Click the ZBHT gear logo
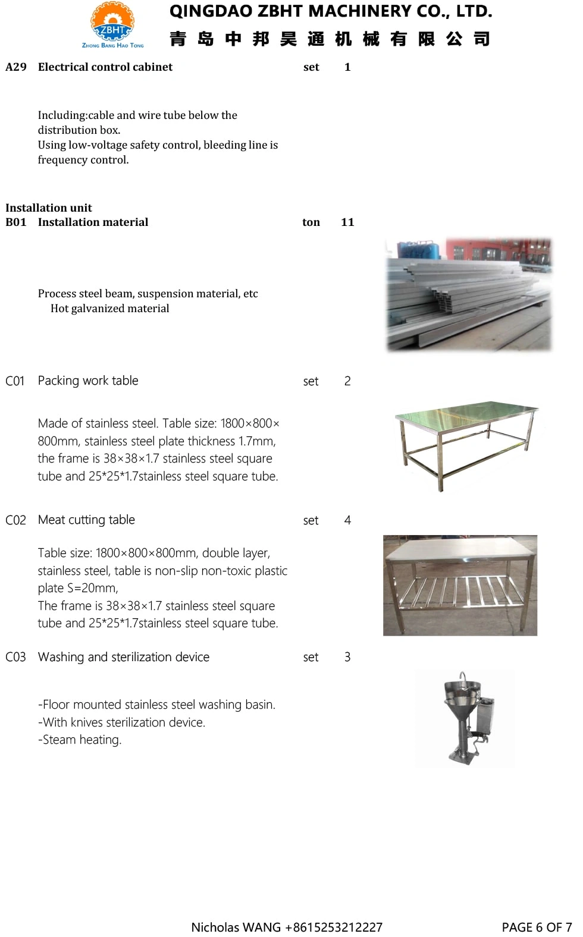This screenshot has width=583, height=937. pyautogui.click(x=112, y=24)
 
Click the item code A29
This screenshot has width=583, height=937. pyautogui.click(x=16, y=67)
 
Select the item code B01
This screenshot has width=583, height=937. pyautogui.click(x=16, y=222)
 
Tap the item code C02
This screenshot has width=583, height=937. pyautogui.click(x=16, y=520)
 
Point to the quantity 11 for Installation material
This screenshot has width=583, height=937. pyautogui.click(x=347, y=222)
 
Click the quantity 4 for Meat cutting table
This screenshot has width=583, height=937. pyautogui.click(x=347, y=520)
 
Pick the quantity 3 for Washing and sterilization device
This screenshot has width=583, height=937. pyautogui.click(x=347, y=657)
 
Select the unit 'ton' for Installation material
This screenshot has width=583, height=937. pyautogui.click(x=311, y=222)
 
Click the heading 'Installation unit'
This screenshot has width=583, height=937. pyautogui.click(x=49, y=207)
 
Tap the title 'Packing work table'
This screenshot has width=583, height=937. pyautogui.click(x=88, y=381)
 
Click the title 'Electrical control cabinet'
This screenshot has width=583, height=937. pyautogui.click(x=105, y=67)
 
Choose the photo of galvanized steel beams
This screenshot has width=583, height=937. pyautogui.click(x=469, y=294)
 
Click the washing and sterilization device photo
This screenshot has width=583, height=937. pyautogui.click(x=465, y=718)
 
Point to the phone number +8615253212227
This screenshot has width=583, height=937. pyautogui.click(x=334, y=927)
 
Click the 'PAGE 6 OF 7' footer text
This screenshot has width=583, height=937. pyautogui.click(x=537, y=927)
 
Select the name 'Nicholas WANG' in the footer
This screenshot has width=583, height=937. pyautogui.click(x=236, y=927)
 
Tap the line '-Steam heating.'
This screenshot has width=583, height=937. pyautogui.click(x=80, y=740)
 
